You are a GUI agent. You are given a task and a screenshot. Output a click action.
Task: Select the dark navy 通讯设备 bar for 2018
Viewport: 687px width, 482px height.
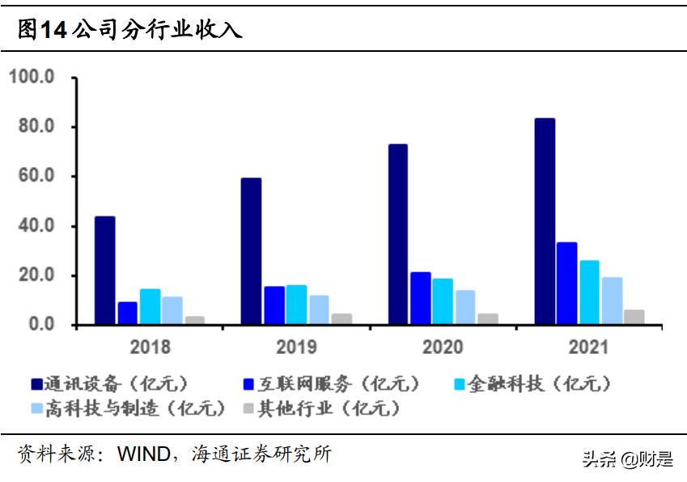click(x=104, y=271)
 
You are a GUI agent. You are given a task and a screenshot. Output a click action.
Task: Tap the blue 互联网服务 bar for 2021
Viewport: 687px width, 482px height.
click(x=566, y=284)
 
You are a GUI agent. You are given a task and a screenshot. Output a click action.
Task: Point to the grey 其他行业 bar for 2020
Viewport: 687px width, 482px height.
click(x=487, y=318)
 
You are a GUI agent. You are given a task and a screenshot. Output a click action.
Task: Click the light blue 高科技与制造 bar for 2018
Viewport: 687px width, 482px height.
click(x=172, y=310)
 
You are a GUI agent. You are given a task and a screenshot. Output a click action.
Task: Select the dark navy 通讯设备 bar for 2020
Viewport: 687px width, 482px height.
click(x=397, y=234)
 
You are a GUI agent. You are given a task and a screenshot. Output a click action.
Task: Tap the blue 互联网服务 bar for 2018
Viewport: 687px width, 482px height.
click(x=127, y=314)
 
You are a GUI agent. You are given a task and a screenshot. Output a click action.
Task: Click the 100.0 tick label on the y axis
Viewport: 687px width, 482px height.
click(x=32, y=78)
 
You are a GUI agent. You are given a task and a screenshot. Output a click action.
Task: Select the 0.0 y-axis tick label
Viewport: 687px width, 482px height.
click(x=40, y=325)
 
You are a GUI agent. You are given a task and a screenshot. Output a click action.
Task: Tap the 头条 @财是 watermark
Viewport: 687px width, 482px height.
click(x=628, y=460)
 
